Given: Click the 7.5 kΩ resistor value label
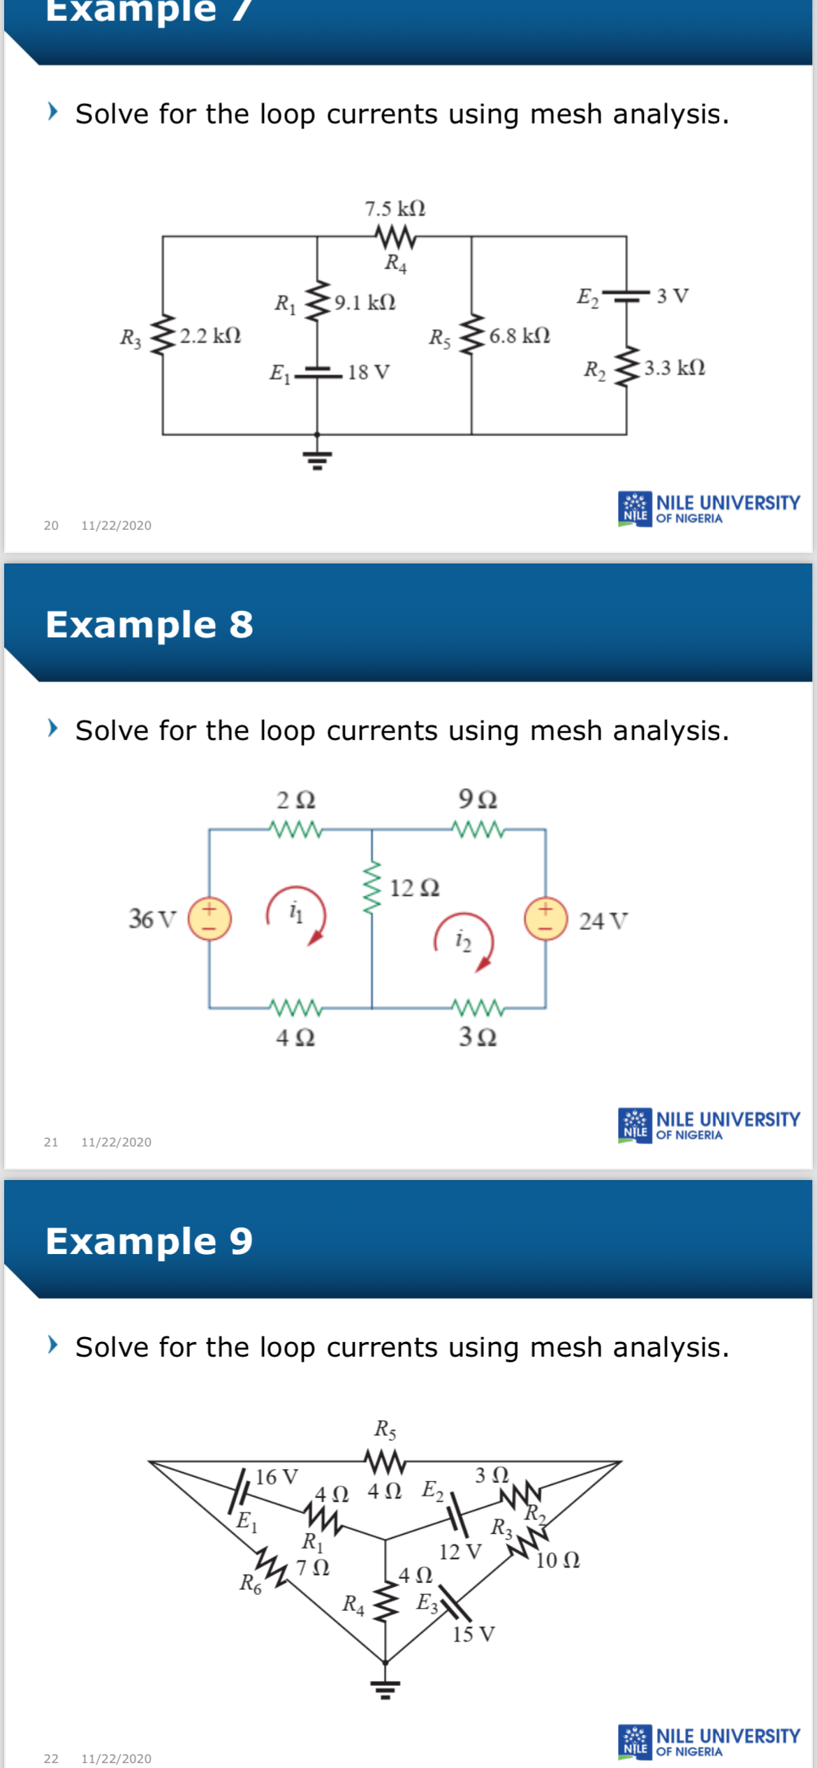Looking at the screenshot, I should point(395,208).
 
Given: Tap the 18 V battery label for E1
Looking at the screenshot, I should point(369,372).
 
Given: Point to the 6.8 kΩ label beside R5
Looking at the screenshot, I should point(520,336).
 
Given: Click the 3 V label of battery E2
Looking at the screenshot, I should point(672,296).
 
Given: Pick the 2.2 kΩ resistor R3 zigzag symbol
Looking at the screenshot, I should point(163,336).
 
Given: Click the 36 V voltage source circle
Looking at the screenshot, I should point(209,918).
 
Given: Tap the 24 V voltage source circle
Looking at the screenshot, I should point(545,919).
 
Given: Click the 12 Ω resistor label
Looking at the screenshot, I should point(414,888).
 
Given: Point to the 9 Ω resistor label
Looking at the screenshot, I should point(478,799).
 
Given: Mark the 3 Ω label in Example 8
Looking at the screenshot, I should point(478,1037).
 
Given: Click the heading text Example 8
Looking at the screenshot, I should point(149,624).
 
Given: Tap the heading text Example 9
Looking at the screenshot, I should point(149,1241).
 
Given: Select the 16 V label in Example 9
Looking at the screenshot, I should point(277,1478).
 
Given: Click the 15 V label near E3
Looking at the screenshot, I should point(473,1635).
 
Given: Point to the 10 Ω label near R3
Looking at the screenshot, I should point(557,1561).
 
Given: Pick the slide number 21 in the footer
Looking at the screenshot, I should point(51,1142).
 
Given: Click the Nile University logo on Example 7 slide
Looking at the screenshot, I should point(709,509).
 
